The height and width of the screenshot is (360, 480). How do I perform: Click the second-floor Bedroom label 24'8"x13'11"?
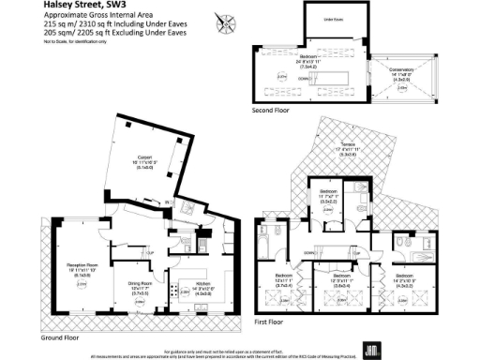pyautogui.click(x=334, y=65)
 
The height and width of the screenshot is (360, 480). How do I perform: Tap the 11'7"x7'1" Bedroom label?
pyautogui.click(x=327, y=193)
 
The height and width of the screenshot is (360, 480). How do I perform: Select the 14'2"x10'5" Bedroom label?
pyautogui.click(x=404, y=278)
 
